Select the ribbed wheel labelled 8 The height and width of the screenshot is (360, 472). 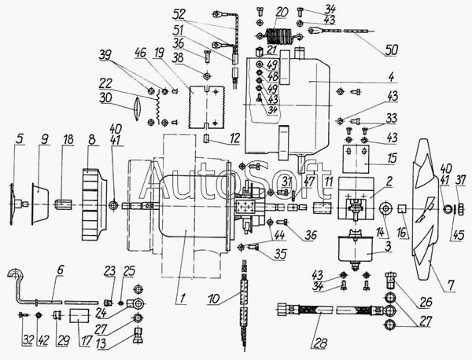pos(94,206)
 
